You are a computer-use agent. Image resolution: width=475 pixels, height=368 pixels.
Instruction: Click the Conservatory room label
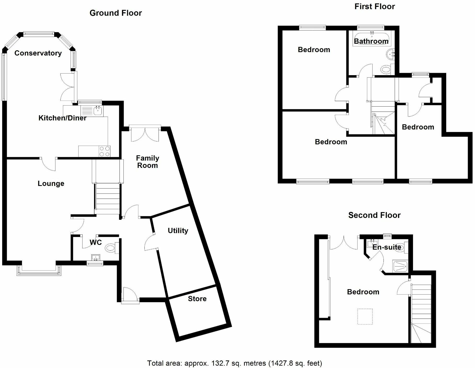(38, 53)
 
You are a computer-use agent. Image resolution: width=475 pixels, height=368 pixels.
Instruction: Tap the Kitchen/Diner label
(62, 118)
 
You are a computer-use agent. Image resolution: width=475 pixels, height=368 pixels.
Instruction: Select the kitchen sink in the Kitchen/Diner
(98, 111)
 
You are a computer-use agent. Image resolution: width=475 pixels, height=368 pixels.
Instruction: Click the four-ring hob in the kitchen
(105, 151)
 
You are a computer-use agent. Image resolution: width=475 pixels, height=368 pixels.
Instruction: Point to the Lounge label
(51, 184)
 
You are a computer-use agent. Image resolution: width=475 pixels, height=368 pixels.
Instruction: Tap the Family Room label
(148, 162)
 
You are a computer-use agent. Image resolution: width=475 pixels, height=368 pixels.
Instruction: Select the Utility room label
(178, 231)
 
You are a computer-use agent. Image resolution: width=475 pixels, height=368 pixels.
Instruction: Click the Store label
(197, 299)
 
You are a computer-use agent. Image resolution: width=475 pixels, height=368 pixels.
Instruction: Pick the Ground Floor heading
(116, 13)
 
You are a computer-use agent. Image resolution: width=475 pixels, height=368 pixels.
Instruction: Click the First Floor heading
(375, 7)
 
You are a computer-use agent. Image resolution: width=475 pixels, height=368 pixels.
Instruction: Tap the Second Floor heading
(374, 215)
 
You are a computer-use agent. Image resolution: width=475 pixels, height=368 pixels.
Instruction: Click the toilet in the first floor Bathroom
(386, 69)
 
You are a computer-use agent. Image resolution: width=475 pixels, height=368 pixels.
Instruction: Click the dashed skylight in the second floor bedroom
(365, 317)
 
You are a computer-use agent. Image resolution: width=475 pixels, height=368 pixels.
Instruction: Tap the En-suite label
(387, 247)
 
